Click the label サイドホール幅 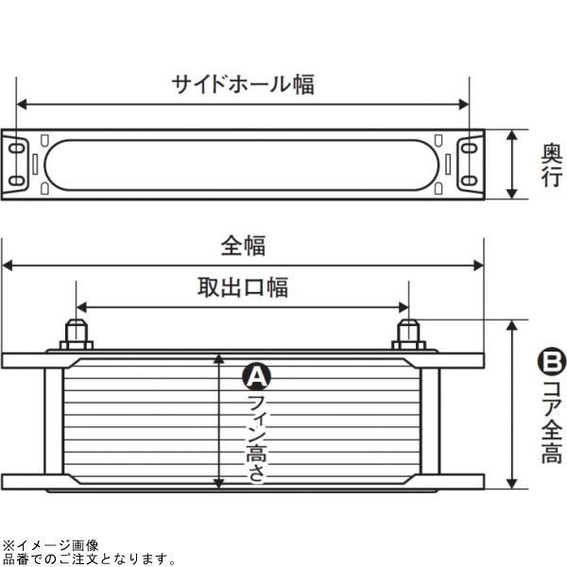[243, 84]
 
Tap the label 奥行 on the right [552, 166]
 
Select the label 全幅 [243, 246]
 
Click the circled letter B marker [551, 361]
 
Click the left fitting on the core [76, 334]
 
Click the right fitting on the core [408, 334]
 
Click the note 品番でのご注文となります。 [90, 558]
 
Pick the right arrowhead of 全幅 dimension [480, 266]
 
